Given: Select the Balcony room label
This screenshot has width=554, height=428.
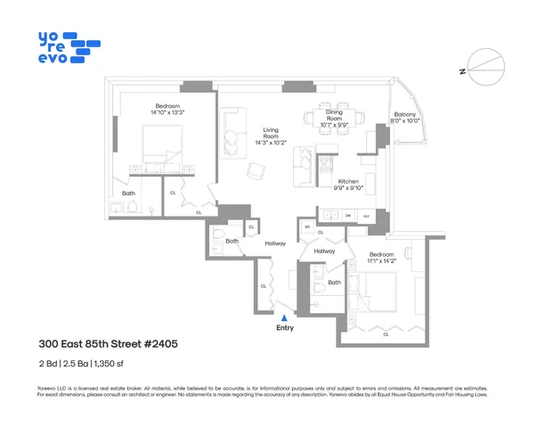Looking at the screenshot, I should pyautogui.click(x=405, y=118).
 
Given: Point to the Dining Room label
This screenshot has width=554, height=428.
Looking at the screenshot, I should pyautogui.click(x=334, y=121).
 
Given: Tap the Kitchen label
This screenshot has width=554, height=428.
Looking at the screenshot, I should pyautogui.click(x=347, y=185).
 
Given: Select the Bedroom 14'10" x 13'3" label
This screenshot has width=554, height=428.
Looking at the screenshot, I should pyautogui.click(x=167, y=110).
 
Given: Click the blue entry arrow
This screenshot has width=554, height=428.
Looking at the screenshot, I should pyautogui.click(x=284, y=317).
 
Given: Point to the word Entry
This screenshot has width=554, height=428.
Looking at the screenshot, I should pyautogui.click(x=284, y=328).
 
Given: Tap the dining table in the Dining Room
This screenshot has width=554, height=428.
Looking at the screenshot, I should pyautogui.click(x=335, y=118).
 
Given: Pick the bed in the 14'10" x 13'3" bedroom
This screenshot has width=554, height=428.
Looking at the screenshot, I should pyautogui.click(x=162, y=145).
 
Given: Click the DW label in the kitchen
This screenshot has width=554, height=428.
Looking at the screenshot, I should pyautogui.click(x=348, y=216).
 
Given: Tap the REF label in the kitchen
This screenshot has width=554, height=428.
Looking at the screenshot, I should pyautogui.click(x=365, y=216).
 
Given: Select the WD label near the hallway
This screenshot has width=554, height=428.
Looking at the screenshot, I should pyautogui.click(x=308, y=227).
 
